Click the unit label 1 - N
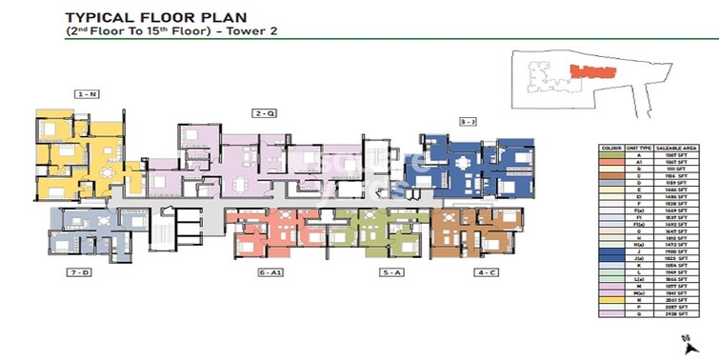tap(88, 93)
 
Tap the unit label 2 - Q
tap(265, 113)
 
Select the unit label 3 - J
tap(467, 122)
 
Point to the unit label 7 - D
tap(78, 272)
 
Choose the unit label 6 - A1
tap(270, 272)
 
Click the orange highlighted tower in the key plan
tap(589, 70)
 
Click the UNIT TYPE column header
tap(643, 149)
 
